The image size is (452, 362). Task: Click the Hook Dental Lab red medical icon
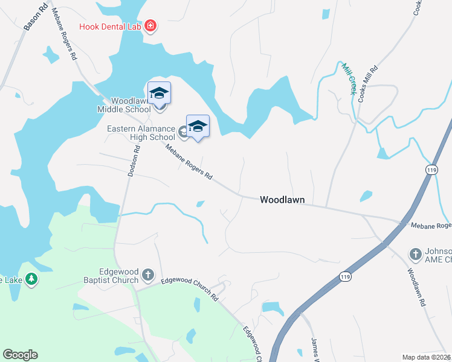[x=150, y=27]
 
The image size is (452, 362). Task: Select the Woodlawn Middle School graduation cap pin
[x=159, y=93]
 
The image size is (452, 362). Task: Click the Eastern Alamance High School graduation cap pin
[x=198, y=126]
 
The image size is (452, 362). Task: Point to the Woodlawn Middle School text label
[x=124, y=105]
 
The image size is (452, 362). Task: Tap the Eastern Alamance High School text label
[x=141, y=133]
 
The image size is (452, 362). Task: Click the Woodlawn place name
[x=282, y=200]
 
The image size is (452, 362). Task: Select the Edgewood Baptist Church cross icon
[x=148, y=276]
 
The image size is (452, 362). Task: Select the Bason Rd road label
[x=35, y=19]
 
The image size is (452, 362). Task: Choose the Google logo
[x=20, y=355]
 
